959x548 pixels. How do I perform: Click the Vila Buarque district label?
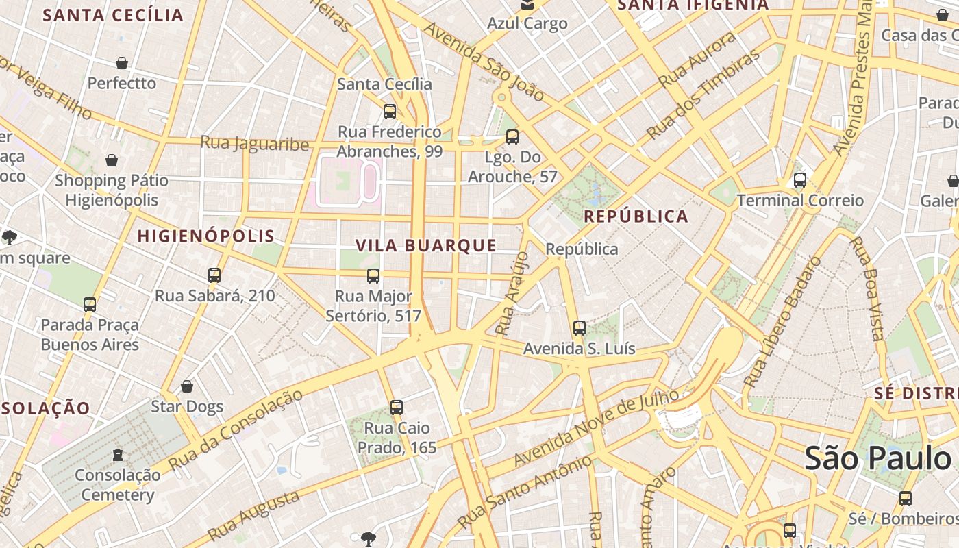426,245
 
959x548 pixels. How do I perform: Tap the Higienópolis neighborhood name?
206,236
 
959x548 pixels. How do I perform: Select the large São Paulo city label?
877,458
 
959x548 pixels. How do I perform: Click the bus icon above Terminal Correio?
799,180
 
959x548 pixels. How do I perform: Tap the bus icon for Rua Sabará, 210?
214,275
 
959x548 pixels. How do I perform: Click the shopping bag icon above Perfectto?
122,63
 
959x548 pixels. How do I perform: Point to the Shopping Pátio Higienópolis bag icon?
112,160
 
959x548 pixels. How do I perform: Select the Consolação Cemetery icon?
118,454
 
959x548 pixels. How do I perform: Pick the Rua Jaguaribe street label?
255,143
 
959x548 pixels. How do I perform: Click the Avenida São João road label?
484,62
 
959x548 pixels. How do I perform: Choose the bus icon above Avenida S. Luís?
580,328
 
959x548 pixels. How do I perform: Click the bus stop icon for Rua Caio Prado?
396,408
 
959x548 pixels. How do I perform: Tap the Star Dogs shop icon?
187,386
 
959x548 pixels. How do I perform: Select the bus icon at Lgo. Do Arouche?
512,137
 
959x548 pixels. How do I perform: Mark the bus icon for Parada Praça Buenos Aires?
90,304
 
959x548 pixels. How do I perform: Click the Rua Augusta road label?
253,515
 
